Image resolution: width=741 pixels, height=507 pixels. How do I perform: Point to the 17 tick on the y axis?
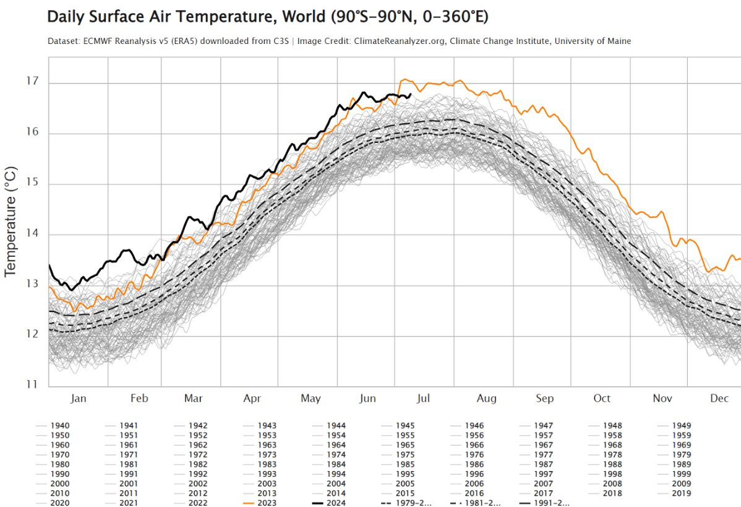(x=33, y=82)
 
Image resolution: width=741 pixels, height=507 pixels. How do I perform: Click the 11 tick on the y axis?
(x=33, y=384)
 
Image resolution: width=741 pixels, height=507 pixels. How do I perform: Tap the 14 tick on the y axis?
(x=33, y=233)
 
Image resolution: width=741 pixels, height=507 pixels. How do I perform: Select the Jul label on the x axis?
(x=424, y=398)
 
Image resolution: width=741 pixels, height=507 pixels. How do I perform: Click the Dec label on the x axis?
(x=719, y=398)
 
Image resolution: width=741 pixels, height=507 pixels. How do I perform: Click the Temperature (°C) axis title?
(x=11, y=220)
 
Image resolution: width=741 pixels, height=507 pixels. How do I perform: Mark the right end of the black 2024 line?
(x=411, y=95)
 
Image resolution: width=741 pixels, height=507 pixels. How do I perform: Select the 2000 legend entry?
(x=61, y=483)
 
